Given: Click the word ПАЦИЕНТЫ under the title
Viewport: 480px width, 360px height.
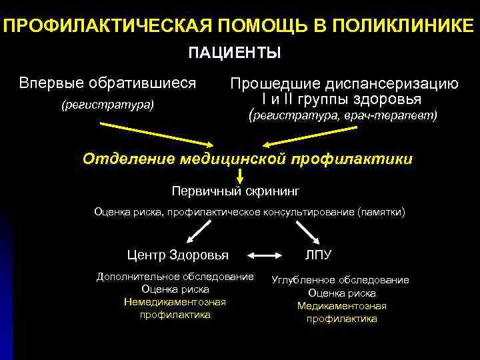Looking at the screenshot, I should (x=235, y=52).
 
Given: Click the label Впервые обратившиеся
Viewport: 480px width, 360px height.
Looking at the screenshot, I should (x=107, y=83).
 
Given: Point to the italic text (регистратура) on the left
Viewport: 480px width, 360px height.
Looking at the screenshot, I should (x=107, y=105).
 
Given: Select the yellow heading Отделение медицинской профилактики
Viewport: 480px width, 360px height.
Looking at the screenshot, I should (x=247, y=159).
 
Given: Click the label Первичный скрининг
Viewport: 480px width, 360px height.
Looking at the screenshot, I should (x=236, y=191).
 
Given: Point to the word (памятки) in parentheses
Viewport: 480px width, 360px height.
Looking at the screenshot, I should (x=381, y=212).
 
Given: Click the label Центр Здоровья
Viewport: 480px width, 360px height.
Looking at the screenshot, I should (x=178, y=255).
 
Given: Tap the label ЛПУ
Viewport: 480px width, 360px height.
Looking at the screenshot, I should (x=318, y=255).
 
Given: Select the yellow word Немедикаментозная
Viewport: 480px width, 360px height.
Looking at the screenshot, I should (x=175, y=302).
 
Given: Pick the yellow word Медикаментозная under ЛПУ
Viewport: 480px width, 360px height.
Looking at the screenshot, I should (x=341, y=306).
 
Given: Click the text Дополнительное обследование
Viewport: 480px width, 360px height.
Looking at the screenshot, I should (x=175, y=277).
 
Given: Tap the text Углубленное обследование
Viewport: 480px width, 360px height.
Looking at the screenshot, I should (x=341, y=280).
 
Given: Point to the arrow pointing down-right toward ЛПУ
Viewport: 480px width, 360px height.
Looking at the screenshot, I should (x=306, y=233).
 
